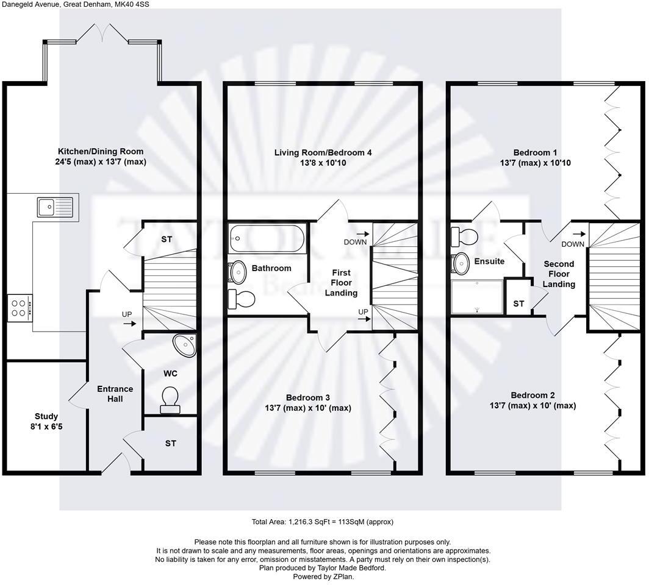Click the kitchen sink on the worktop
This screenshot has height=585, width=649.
coord(54,207)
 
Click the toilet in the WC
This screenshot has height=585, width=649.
coord(170,397)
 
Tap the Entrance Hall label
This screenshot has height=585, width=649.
coord(115,394)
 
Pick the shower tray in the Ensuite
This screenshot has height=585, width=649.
coord(476,297)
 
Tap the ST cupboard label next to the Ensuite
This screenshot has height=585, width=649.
coord(518,303)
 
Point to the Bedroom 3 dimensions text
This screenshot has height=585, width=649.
coord(308,408)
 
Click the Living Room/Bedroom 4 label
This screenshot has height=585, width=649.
coord(323,152)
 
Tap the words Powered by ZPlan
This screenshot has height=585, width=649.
coord(323,576)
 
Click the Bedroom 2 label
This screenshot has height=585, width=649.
coord(532,395)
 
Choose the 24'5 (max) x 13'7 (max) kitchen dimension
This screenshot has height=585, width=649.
coord(102,162)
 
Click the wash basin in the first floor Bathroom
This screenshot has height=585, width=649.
coord(237,272)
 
